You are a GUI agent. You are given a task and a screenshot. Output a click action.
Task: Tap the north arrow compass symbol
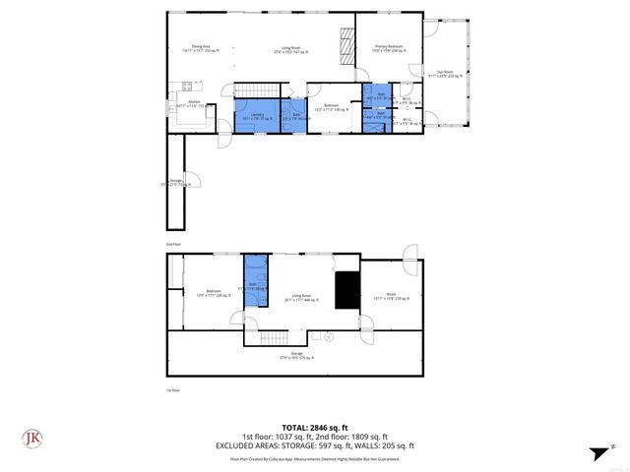click(598, 451)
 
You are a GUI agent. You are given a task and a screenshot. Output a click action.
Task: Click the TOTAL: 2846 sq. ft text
click(315, 428)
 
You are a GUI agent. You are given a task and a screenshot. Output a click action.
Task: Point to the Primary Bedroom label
click(389, 47)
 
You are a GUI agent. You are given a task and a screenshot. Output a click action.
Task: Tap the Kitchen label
click(194, 105)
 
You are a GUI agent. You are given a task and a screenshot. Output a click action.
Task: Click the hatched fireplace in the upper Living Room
click(346, 44)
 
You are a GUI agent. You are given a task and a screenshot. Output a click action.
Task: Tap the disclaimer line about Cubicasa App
click(315, 458)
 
